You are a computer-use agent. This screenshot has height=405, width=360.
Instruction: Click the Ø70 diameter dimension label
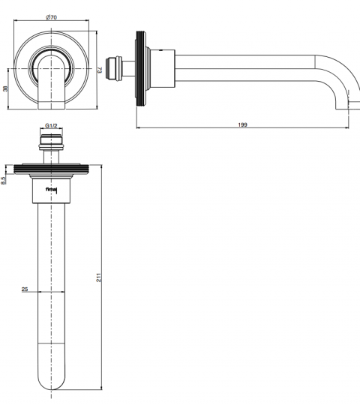tap(51, 17)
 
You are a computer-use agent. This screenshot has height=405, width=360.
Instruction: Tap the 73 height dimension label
tap(100, 70)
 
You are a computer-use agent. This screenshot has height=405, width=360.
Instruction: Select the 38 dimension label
tap(5, 88)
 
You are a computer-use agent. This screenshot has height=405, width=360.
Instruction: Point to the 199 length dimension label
tap(242, 124)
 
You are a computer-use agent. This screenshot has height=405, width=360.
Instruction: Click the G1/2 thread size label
tap(51, 126)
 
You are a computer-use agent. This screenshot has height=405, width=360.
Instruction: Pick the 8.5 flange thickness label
tap(3, 180)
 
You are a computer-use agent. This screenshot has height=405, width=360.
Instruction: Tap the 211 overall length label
tap(99, 277)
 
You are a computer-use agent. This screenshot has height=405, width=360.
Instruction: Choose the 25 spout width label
tap(25, 289)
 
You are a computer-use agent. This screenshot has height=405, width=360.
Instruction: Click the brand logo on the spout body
tap(52, 190)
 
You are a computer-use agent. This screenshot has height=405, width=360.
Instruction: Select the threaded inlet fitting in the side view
tap(114, 68)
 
